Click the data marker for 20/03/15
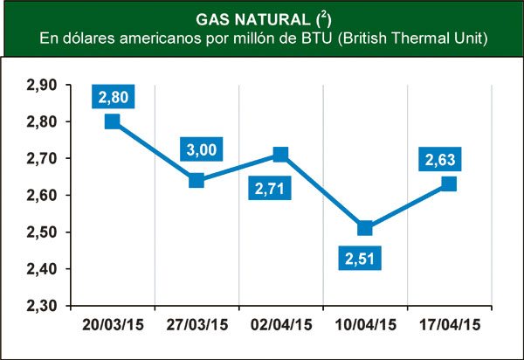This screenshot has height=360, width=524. (112, 121)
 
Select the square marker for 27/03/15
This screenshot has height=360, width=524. (196, 180)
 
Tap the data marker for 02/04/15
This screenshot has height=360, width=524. (280, 155)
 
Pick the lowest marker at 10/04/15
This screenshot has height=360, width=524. (364, 228)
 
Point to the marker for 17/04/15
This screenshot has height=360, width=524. (449, 183)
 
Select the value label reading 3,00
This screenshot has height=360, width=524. (201, 150)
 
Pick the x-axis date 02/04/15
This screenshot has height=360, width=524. (280, 325)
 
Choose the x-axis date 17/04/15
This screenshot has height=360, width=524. (449, 325)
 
